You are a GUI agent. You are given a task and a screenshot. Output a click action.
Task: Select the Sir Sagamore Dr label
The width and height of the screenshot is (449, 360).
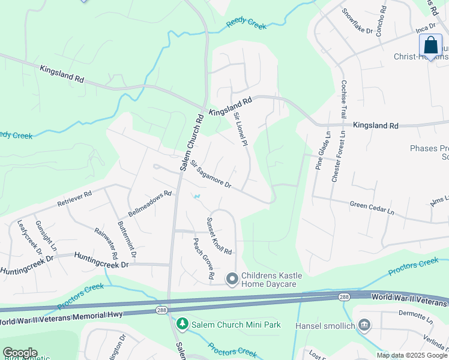(x=211, y=175)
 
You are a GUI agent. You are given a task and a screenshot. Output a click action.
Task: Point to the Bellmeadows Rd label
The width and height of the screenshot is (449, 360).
(x=150, y=205)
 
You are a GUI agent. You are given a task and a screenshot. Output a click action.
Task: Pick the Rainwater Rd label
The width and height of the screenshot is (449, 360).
(x=106, y=243)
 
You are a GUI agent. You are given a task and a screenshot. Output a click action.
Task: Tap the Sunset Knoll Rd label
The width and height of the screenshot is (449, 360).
(x=219, y=236)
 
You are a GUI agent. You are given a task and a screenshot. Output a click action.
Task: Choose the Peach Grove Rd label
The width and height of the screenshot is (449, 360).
(x=203, y=258)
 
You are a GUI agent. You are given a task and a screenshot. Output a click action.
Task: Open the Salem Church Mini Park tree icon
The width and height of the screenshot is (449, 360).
(x=182, y=325)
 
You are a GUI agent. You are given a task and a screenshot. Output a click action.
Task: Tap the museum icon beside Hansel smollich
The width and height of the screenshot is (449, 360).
(x=364, y=325)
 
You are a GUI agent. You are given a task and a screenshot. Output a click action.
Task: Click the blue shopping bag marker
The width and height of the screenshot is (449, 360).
(x=430, y=46)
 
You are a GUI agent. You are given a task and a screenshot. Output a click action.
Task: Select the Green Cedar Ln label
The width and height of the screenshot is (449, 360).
(x=372, y=208)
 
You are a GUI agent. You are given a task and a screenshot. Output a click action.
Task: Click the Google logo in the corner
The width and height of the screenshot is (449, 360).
(x=20, y=352)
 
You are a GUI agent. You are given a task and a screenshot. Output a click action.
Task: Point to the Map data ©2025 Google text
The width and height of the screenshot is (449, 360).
(x=411, y=355)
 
